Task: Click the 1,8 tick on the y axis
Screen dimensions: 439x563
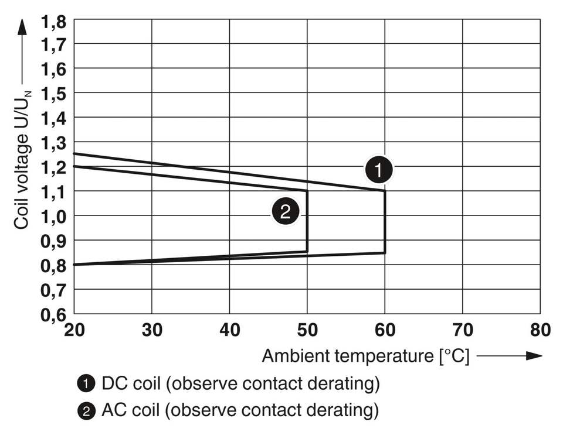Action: pyautogui.click(x=54, y=22)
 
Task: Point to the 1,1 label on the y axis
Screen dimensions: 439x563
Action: pyautogui.click(x=54, y=191)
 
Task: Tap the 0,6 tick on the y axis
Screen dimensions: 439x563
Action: pyautogui.click(x=54, y=314)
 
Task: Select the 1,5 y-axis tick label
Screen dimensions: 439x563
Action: pyautogui.click(x=54, y=93)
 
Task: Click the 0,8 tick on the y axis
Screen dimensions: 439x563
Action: pyautogui.click(x=54, y=265)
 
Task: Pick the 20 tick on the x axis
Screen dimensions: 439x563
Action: pyautogui.click(x=74, y=330)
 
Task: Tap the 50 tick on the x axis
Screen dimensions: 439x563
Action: pyautogui.click(x=307, y=330)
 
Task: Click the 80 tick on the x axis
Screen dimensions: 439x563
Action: pyautogui.click(x=540, y=330)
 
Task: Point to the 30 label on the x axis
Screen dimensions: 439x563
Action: pyautogui.click(x=152, y=330)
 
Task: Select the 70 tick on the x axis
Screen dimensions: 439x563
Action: pyautogui.click(x=462, y=330)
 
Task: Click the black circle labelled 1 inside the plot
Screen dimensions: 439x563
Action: pyautogui.click(x=379, y=170)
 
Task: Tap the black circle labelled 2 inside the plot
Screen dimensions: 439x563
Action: pyautogui.click(x=285, y=212)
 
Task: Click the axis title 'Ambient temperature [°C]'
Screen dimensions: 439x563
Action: pyautogui.click(x=365, y=356)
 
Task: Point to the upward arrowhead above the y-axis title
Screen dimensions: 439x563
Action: pyautogui.click(x=22, y=26)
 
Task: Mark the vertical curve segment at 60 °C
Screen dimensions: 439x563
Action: pyautogui.click(x=385, y=222)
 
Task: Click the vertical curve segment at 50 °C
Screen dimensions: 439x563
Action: pyautogui.click(x=307, y=221)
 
